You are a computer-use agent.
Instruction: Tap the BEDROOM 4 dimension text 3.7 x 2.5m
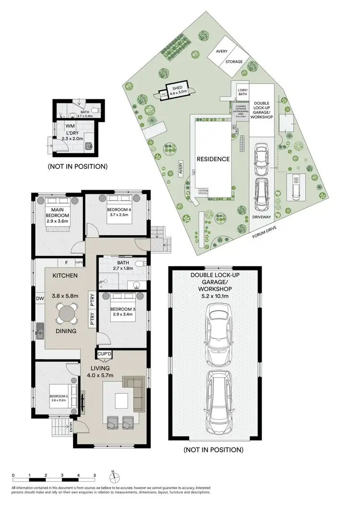[118, 216]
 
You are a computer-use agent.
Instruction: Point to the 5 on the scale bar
[95, 475]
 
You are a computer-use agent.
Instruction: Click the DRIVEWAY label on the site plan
[261, 217]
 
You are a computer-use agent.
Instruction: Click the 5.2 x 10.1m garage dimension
[213, 297]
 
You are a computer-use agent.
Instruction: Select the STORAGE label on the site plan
[234, 62]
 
